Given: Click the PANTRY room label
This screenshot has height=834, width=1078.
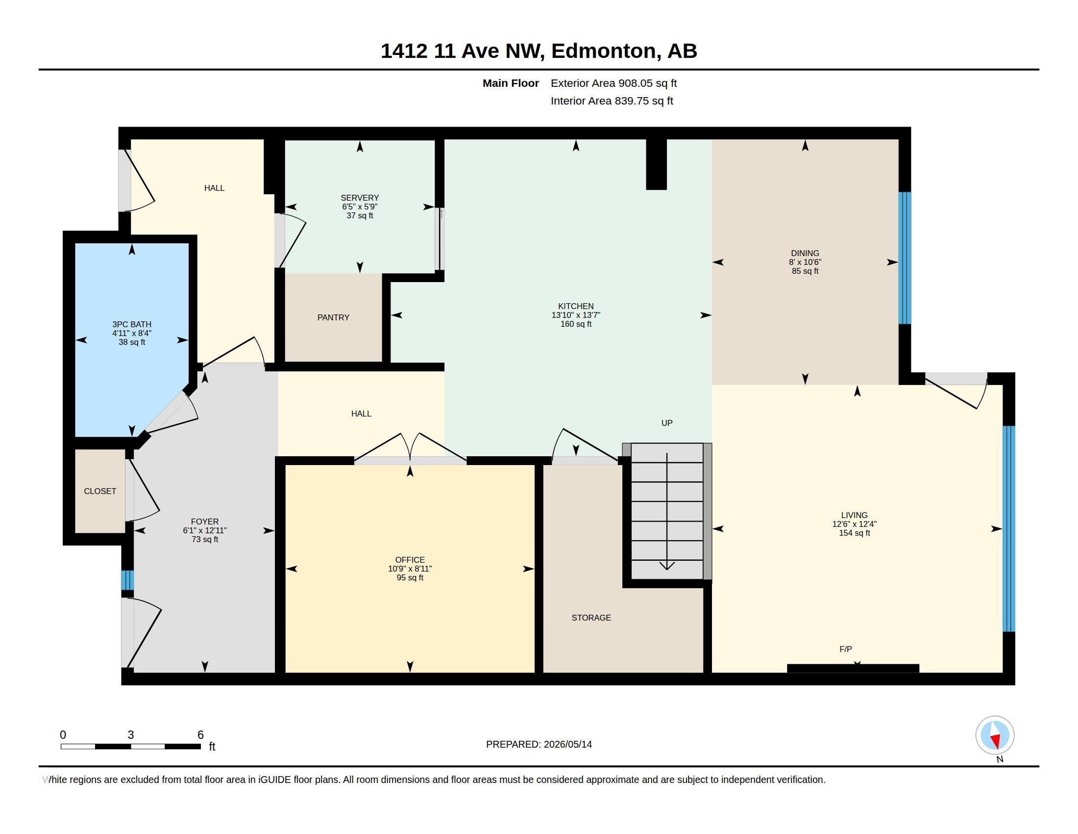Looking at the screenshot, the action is pyautogui.click(x=333, y=317).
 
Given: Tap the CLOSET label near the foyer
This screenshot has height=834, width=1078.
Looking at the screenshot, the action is pyautogui.click(x=100, y=491).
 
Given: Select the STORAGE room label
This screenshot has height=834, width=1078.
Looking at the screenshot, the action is pyautogui.click(x=591, y=618).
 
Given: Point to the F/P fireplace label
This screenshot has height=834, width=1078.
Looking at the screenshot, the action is pyautogui.click(x=846, y=649).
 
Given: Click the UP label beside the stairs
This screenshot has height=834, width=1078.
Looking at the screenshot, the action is pyautogui.click(x=667, y=423).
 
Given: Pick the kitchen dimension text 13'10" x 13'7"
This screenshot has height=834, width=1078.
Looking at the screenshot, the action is pyautogui.click(x=576, y=315).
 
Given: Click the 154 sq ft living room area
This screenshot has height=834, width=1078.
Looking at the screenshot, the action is pyautogui.click(x=855, y=533).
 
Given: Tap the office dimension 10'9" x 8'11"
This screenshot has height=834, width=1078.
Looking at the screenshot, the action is pyautogui.click(x=410, y=569).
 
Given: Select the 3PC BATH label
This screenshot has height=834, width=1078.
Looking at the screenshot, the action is pyautogui.click(x=132, y=324).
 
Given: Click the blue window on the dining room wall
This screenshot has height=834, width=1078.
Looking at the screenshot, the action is pyautogui.click(x=904, y=258).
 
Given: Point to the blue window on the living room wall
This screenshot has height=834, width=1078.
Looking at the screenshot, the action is pyautogui.click(x=1009, y=529).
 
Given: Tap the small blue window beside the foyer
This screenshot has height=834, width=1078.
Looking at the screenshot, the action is pyautogui.click(x=127, y=580).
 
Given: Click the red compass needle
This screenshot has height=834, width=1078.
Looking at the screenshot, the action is pyautogui.click(x=996, y=741).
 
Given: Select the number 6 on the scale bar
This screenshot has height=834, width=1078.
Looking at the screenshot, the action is pyautogui.click(x=200, y=735).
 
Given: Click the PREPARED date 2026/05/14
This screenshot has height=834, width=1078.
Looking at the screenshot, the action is pyautogui.click(x=567, y=744).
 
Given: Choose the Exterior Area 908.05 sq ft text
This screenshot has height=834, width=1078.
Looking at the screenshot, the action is pyautogui.click(x=613, y=83).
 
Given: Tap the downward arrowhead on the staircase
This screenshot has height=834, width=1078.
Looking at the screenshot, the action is pyautogui.click(x=667, y=566).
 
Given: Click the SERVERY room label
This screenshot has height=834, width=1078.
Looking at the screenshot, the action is pyautogui.click(x=360, y=198).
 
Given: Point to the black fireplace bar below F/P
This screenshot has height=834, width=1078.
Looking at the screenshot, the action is pyautogui.click(x=853, y=669).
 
